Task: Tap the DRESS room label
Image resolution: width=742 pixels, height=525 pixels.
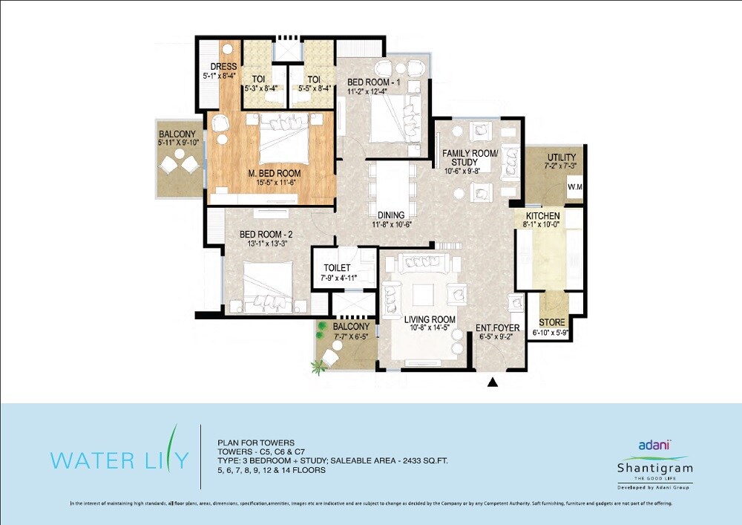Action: pos(223,67)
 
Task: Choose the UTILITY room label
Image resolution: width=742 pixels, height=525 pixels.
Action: pos(561,157)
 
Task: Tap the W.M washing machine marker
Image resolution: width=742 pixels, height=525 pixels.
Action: pos(574,187)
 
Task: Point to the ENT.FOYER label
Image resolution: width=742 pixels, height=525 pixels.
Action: pos(497,327)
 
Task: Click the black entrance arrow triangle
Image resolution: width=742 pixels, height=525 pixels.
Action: pos(491,383)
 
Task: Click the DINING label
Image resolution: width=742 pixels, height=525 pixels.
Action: pos(390,215)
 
